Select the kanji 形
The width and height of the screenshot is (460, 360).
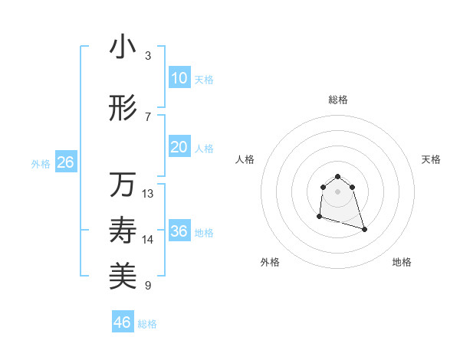click(123, 108)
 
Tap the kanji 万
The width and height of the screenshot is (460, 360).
click(123, 185)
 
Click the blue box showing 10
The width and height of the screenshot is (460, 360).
click(179, 78)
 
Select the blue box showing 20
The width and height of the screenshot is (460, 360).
click(179, 147)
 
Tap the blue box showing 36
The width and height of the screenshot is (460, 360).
click(179, 231)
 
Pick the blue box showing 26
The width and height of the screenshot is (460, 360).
click(65, 162)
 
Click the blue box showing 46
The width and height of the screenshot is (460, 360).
click(123, 322)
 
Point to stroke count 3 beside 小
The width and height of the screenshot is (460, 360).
click(148, 56)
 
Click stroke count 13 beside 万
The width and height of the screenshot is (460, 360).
click(148, 194)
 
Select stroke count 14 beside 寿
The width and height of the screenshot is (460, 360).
click(148, 240)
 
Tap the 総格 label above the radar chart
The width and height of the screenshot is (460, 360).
click(337, 100)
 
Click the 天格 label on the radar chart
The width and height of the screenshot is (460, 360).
click(432, 159)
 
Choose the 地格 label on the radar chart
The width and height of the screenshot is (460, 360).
click(402, 262)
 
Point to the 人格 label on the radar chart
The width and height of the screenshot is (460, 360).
click(245, 159)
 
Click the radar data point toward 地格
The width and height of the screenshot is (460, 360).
click(364, 229)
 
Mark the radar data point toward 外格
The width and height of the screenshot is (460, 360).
click(319, 217)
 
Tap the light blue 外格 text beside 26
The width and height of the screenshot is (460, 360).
click(41, 163)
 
